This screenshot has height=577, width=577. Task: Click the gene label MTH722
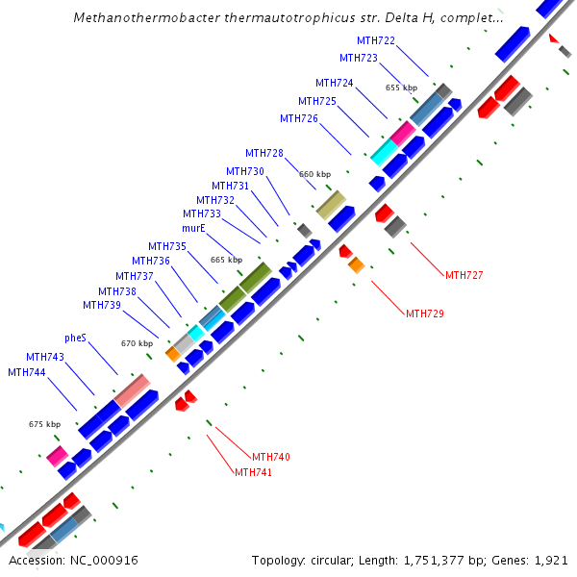tap(375, 40)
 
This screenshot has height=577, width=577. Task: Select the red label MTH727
tap(464, 275)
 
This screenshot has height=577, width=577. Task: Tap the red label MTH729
tap(424, 314)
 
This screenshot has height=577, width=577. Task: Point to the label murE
tap(194, 229)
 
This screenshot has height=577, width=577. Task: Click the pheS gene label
tap(75, 339)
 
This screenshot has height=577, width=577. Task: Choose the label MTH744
tap(26, 372)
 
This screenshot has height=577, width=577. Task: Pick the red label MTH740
tap(270, 457)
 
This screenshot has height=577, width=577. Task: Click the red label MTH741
tap(254, 472)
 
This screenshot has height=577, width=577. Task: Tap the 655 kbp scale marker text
tap(401, 88)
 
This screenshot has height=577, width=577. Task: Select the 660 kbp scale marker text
tap(314, 174)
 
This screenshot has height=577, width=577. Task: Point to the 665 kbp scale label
tap(226, 260)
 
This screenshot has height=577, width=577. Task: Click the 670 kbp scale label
tap(137, 343)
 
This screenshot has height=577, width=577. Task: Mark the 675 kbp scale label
tap(44, 424)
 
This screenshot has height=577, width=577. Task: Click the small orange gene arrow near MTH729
tap(356, 264)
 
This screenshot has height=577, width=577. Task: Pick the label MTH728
tap(263, 153)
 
